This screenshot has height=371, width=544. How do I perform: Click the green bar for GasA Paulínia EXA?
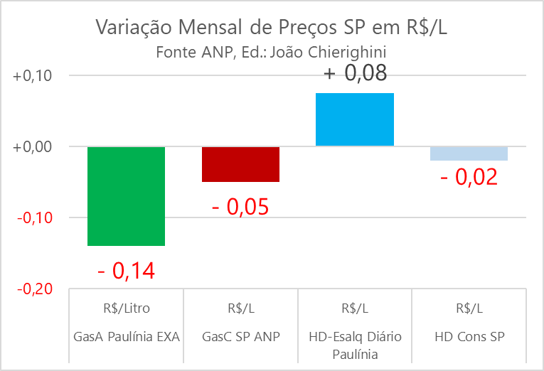click(127, 195)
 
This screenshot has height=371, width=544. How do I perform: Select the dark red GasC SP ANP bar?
click(240, 164)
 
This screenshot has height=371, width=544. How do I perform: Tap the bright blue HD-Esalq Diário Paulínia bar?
click(355, 119)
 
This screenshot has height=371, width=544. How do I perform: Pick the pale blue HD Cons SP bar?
click(469, 154)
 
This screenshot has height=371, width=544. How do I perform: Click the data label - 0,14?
click(126, 270)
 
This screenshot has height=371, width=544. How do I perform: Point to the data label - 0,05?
click(240, 207)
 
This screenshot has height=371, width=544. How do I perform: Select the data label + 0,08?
click(355, 73)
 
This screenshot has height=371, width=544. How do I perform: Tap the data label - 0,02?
click(469, 176)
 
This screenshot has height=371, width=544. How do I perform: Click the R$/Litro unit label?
click(127, 308)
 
